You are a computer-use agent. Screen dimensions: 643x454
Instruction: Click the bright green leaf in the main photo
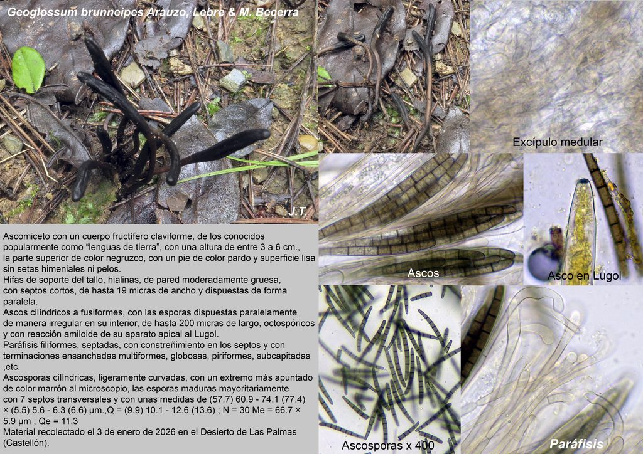(x=28, y=69)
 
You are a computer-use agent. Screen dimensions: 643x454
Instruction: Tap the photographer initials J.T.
(x=297, y=211)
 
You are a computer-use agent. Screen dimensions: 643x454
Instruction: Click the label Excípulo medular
(x=558, y=142)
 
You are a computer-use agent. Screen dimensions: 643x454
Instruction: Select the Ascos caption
(x=423, y=273)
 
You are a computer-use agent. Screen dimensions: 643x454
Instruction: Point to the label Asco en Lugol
(x=584, y=276)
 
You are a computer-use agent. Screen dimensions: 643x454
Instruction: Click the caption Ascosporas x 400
(x=388, y=445)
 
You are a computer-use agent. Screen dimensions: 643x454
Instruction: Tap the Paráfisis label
(x=576, y=444)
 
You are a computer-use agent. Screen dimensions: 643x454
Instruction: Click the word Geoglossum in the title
(x=42, y=13)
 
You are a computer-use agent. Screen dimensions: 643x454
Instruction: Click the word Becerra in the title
(x=277, y=13)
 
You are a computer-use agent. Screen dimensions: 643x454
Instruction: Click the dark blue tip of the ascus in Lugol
(x=583, y=182)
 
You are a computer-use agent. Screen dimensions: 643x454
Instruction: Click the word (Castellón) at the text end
(x=26, y=443)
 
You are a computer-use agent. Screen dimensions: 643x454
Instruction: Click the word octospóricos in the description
(x=289, y=324)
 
